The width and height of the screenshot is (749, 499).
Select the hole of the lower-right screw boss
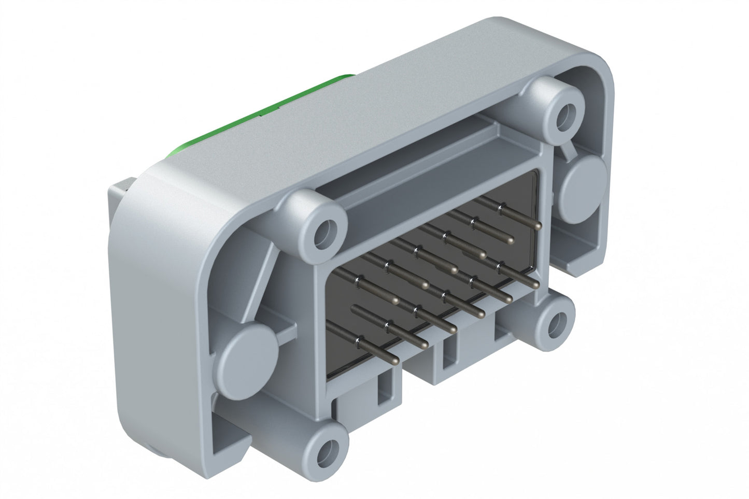tap(554, 323)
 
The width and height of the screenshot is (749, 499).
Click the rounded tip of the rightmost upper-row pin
tap(538, 226)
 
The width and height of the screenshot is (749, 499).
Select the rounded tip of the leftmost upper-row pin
tap(396, 301)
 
